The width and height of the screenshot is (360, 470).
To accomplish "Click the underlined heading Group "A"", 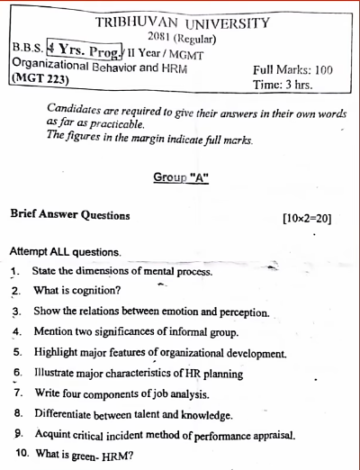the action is tap(182, 177).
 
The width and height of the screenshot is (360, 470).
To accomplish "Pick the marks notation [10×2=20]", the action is tap(306, 217).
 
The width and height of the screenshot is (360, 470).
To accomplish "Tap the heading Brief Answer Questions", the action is tap(69, 216).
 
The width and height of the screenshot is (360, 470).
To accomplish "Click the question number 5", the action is tap(17, 353).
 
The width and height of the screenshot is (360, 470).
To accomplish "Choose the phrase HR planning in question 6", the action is tap(213, 374).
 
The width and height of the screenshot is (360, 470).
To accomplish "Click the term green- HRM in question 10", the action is tap(103, 456).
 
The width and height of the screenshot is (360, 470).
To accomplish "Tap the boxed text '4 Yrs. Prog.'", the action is tap(86, 49).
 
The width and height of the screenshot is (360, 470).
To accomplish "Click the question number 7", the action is tap(17, 393).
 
